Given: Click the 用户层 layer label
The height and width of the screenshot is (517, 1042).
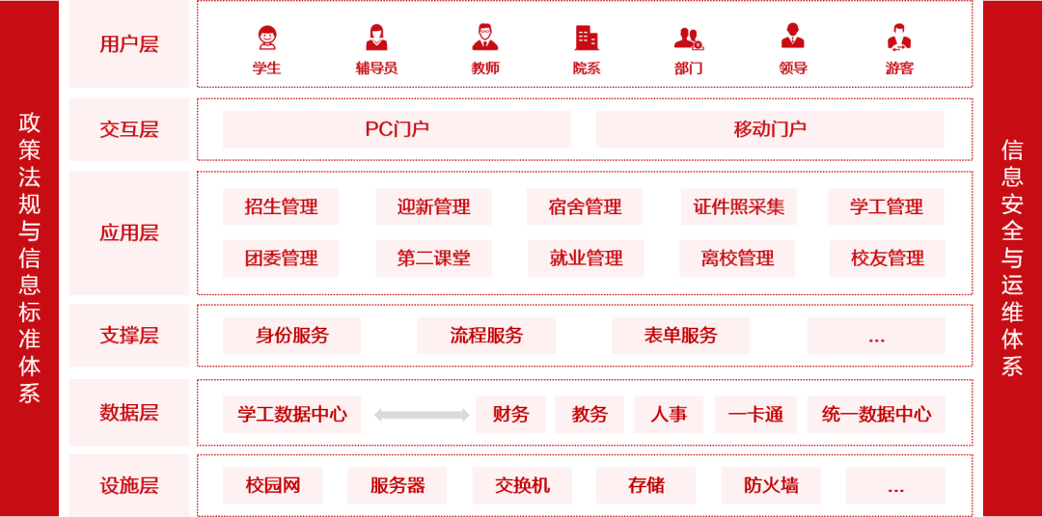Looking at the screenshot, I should click(x=129, y=44).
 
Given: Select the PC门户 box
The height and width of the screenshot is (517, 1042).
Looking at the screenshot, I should click(x=397, y=129).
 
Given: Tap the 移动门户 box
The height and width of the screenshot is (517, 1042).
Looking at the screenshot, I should click(x=770, y=129).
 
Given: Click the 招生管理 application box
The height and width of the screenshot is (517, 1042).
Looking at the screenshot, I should click(x=281, y=206).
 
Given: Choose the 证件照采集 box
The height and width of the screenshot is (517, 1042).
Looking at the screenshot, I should click(x=738, y=206).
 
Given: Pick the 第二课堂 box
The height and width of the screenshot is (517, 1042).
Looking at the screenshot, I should click(x=433, y=258).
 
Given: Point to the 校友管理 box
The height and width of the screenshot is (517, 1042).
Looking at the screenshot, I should click(x=887, y=258).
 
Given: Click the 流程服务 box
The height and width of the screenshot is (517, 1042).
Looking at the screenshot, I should click(x=486, y=336).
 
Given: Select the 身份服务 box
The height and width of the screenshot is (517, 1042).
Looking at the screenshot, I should click(x=292, y=336).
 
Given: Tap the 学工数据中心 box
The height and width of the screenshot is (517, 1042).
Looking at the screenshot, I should click(x=292, y=415).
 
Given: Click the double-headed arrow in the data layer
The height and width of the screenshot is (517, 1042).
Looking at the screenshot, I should click(x=422, y=415).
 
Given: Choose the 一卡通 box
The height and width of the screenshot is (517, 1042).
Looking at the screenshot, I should click(x=755, y=415).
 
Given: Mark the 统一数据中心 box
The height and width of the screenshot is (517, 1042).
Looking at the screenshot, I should click(x=876, y=415).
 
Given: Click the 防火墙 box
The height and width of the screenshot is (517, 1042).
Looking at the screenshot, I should click(x=770, y=485).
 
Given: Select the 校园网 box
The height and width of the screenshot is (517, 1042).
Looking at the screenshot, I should click(x=273, y=485).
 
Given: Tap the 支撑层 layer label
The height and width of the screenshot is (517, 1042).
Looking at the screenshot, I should click(x=129, y=336).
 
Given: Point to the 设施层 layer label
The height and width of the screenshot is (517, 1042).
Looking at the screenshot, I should click(x=129, y=485).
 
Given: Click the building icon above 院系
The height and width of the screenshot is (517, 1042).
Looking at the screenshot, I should click(x=587, y=38).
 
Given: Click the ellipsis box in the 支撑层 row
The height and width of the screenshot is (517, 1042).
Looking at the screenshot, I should click(x=876, y=336).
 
